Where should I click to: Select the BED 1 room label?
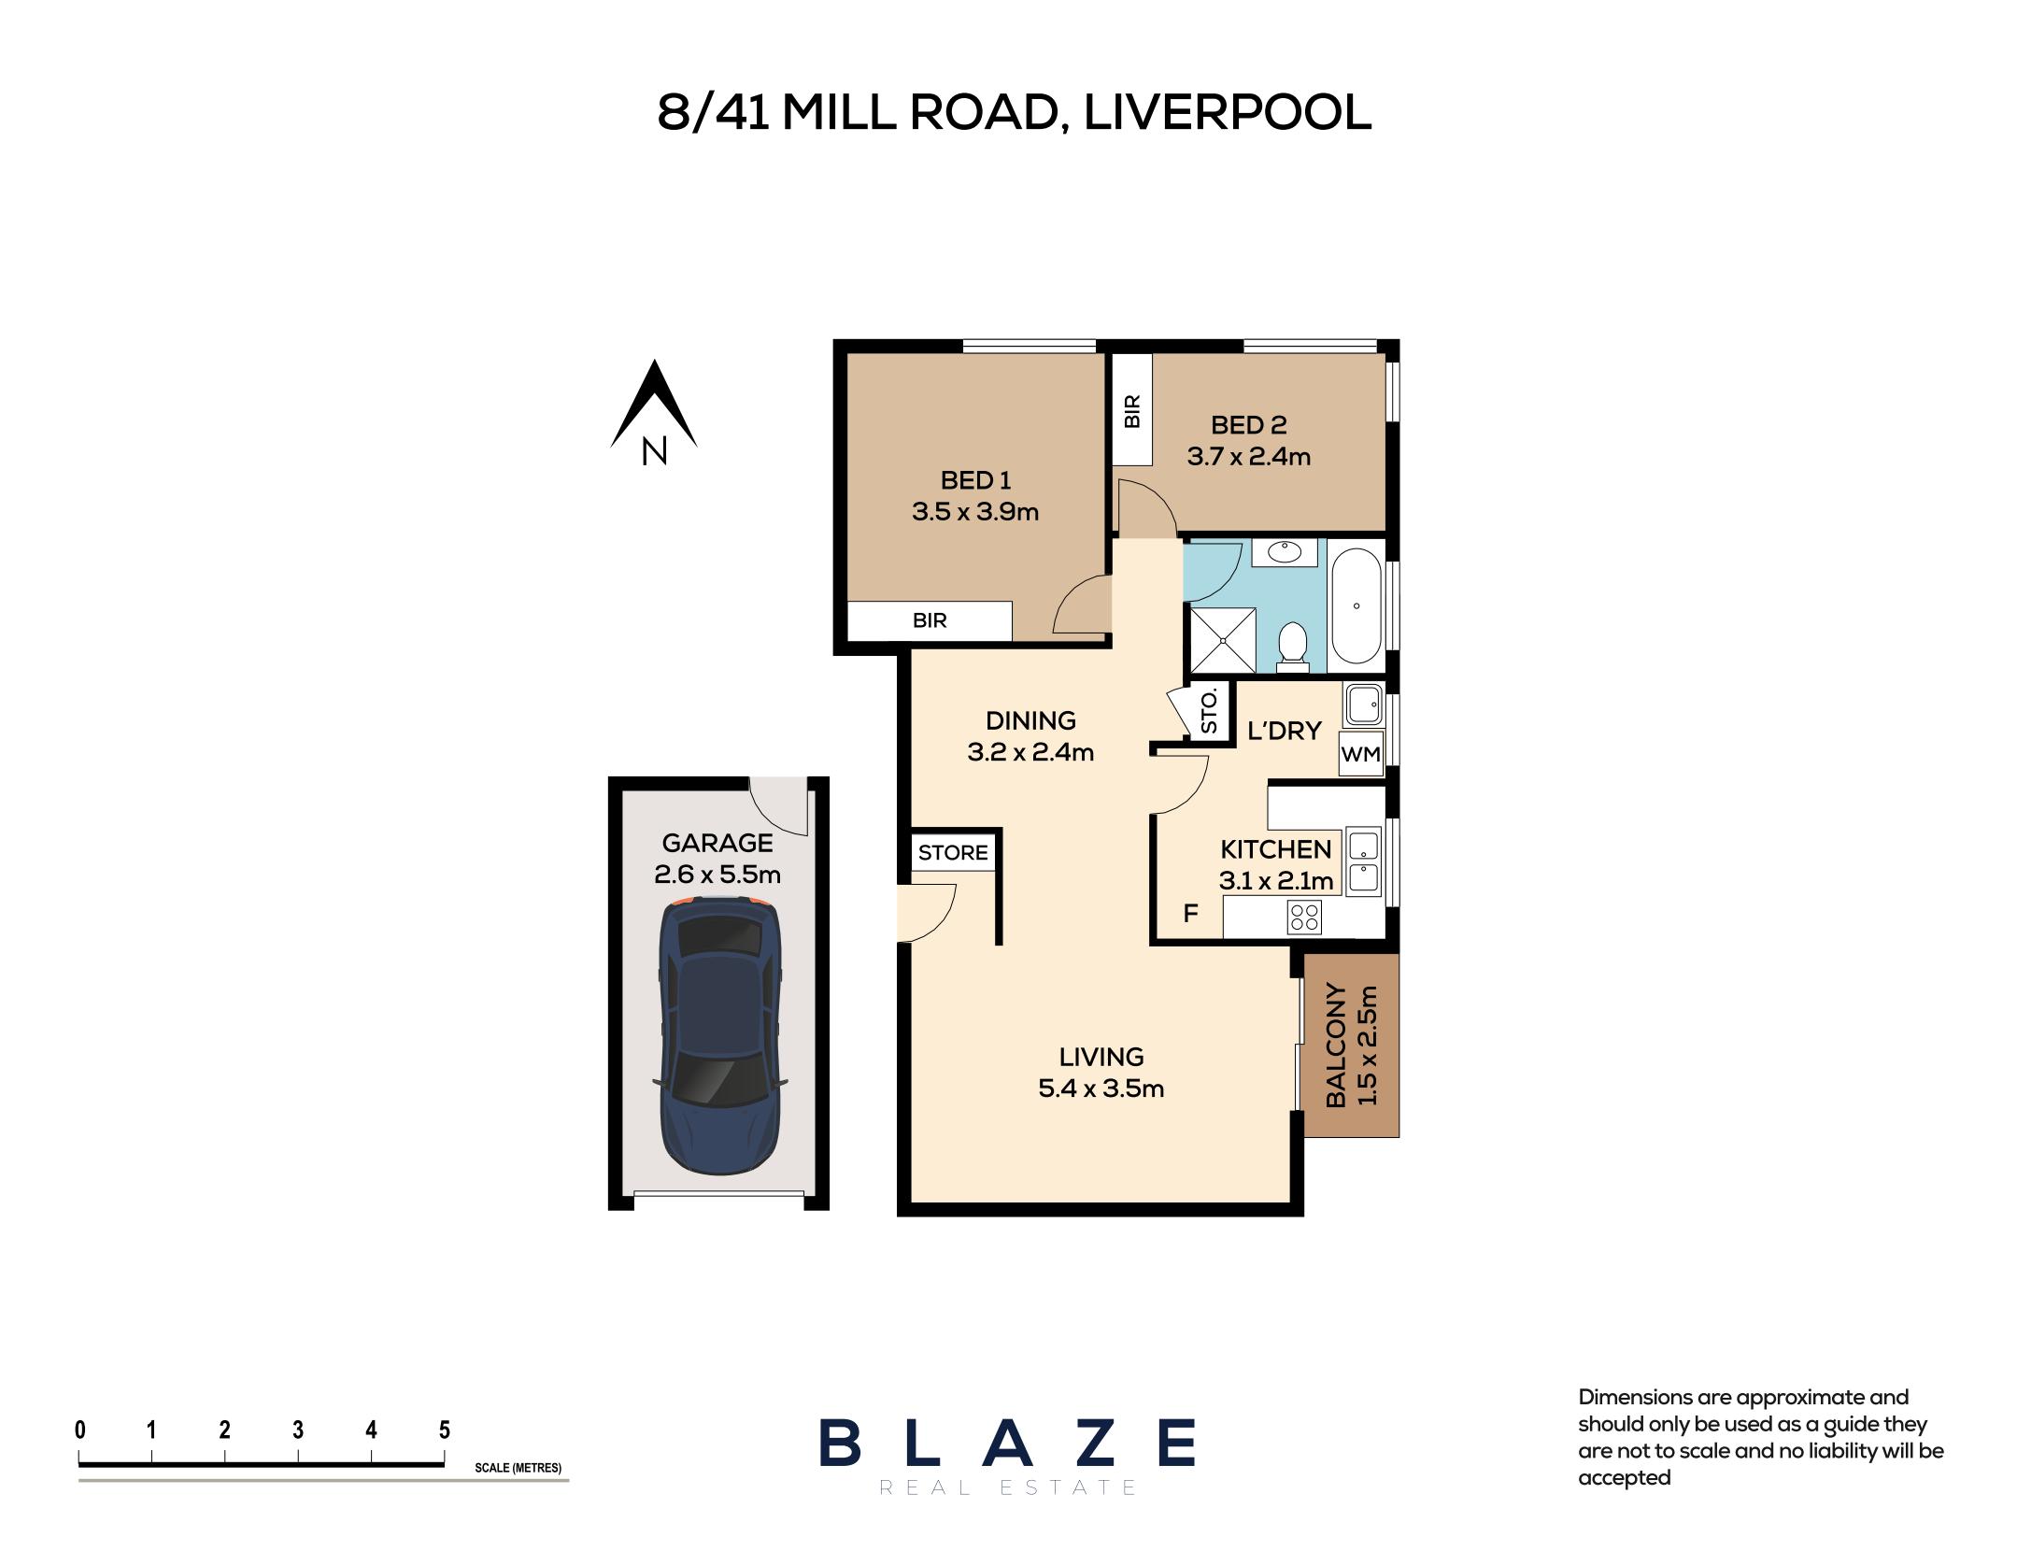pyautogui.click(x=975, y=480)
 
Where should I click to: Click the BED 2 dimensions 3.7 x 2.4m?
pyautogui.click(x=1248, y=457)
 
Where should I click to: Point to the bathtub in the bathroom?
pyautogui.click(x=1356, y=605)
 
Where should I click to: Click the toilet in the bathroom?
pyautogui.click(x=1293, y=645)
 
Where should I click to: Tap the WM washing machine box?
pyautogui.click(x=1359, y=754)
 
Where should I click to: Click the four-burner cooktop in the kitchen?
pyautogui.click(x=1303, y=918)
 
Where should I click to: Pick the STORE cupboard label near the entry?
pyautogui.click(x=953, y=852)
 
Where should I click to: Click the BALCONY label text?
pyautogui.click(x=1336, y=1045)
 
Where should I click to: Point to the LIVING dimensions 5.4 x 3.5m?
pyautogui.click(x=1101, y=1089)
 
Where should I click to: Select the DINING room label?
pyautogui.click(x=1030, y=720)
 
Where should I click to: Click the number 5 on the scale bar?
pyautogui.click(x=445, y=1430)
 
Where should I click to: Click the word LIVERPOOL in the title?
pyautogui.click(x=1228, y=113)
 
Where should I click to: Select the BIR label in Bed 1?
pyautogui.click(x=930, y=620)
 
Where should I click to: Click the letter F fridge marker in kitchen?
pyautogui.click(x=1190, y=913)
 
